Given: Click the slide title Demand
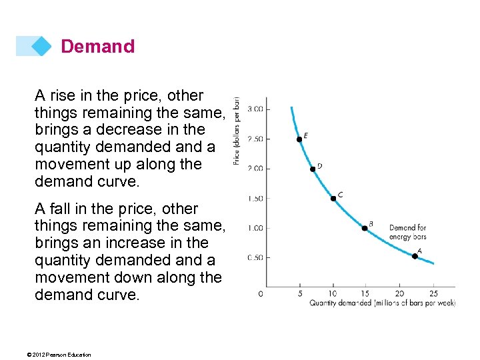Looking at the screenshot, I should point(97,47).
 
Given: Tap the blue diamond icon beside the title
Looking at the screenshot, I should point(41,46).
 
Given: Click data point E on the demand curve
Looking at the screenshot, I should point(299,139).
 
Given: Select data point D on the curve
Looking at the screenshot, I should point(313,169).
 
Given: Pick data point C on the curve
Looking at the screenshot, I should point(333,198).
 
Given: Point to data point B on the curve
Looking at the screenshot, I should point(365,228).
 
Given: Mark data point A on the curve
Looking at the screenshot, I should point(415,256).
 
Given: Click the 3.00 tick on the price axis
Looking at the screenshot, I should point(255,109).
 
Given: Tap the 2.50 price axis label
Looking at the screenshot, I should point(255,139).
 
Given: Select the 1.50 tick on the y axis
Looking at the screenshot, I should point(255,198).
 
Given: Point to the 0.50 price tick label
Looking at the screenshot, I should point(255,257).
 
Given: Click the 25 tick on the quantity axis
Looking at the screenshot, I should point(433,293).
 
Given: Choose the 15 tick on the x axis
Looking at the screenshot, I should point(366,293).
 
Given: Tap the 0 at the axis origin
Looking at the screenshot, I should point(261,293).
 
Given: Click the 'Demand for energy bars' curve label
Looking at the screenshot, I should point(407,232).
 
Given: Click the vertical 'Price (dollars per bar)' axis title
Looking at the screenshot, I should point(237,130).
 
